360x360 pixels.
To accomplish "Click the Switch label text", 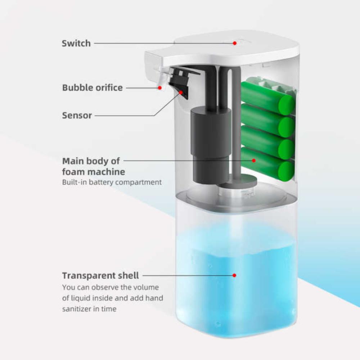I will (x=76, y=44).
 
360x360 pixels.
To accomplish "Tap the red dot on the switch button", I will (x=234, y=43).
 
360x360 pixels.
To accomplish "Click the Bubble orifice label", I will (x=92, y=87).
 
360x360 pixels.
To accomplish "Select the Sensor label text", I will (x=77, y=116).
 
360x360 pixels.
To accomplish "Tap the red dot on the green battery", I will (x=254, y=160).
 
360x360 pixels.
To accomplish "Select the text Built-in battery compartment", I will (x=112, y=182).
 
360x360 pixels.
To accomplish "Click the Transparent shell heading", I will (x=100, y=276).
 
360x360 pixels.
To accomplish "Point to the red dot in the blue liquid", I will (x=234, y=275).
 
